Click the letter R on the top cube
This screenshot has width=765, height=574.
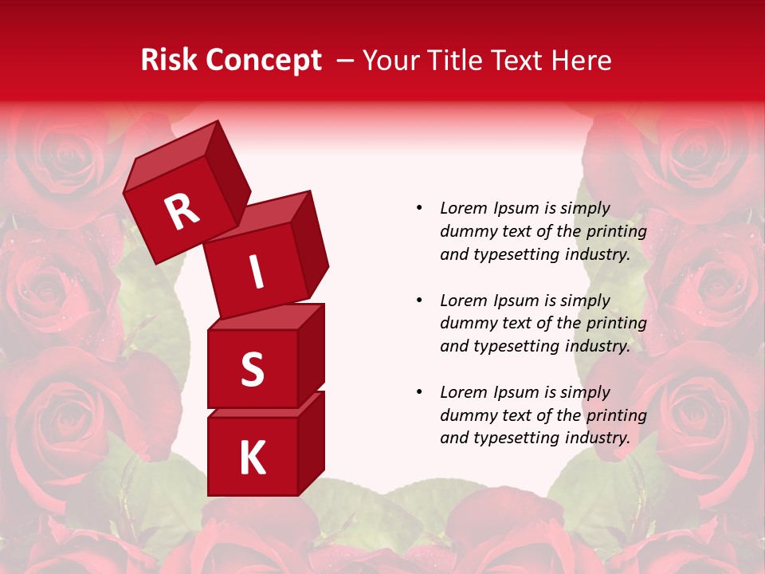click(182, 212)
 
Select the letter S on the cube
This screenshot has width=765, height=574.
click(252, 369)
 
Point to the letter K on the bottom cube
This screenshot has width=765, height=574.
click(252, 458)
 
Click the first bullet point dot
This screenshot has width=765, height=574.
click(419, 208)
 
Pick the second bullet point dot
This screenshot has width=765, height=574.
click(419, 301)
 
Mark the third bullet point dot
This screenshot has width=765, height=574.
click(419, 392)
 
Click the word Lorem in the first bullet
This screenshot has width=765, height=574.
click(463, 208)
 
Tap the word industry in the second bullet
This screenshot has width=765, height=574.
click(592, 346)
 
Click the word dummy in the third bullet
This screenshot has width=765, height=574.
click(465, 415)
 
